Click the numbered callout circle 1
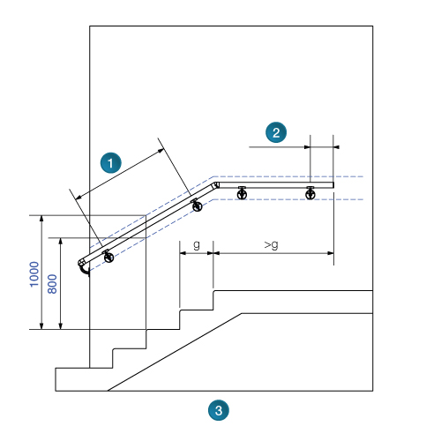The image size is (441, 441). pyautogui.click(x=110, y=163)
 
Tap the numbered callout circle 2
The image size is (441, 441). pyautogui.click(x=276, y=132)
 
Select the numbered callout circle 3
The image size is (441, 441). pyautogui.click(x=219, y=410)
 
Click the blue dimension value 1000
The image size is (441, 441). pyautogui.click(x=34, y=274)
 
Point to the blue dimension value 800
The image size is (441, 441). pyautogui.click(x=52, y=284)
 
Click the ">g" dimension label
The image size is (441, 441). pyautogui.click(x=271, y=245)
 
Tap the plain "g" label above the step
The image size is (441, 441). pyautogui.click(x=197, y=244)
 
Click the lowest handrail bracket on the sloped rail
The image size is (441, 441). pyautogui.click(x=108, y=257)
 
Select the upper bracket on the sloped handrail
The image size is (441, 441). pyautogui.click(x=197, y=206)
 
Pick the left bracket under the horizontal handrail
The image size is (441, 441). pyautogui.click(x=242, y=193)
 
